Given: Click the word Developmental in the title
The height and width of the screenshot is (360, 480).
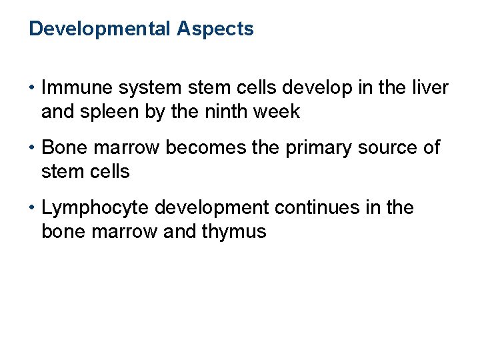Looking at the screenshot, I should tap(100, 29).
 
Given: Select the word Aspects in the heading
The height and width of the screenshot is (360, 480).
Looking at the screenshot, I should tap(215, 29).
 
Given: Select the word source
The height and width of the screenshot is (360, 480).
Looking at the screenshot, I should tap(392, 147).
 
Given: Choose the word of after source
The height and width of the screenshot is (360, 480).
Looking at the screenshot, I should tap(432, 147).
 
